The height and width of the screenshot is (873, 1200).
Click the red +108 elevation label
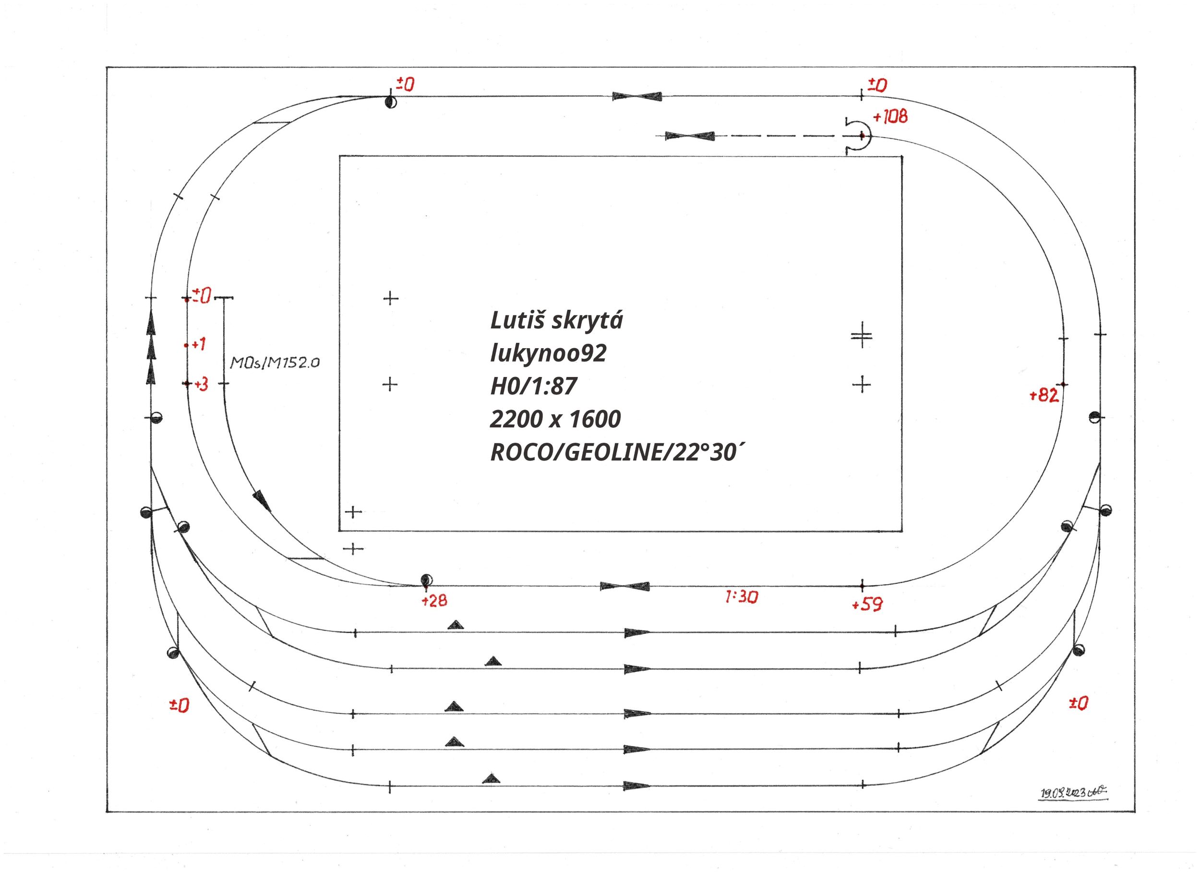click(x=890, y=117)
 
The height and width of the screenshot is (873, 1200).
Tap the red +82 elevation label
click(x=1044, y=396)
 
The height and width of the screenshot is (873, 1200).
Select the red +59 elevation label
click(x=867, y=605)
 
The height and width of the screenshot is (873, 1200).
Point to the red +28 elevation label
click(x=434, y=600)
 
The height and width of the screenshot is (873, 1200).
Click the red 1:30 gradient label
click(x=741, y=597)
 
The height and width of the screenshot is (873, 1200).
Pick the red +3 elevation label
click(x=201, y=385)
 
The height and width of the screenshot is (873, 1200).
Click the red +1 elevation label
click(x=198, y=345)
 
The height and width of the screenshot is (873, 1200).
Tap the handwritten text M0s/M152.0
click(x=275, y=363)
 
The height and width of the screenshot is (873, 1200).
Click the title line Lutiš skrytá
click(x=557, y=321)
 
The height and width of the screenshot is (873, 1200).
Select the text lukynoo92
click(x=548, y=353)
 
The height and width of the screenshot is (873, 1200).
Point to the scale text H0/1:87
click(x=533, y=387)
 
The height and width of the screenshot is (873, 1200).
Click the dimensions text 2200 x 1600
click(x=555, y=419)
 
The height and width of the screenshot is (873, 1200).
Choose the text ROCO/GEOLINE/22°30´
click(x=619, y=453)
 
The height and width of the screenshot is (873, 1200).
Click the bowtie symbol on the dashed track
click(x=689, y=136)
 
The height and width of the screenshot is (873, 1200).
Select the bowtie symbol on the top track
click(x=637, y=97)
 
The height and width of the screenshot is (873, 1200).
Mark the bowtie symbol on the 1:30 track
click(x=624, y=586)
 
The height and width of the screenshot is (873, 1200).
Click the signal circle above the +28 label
click(x=425, y=579)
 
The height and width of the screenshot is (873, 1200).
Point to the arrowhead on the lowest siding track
click(x=636, y=785)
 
